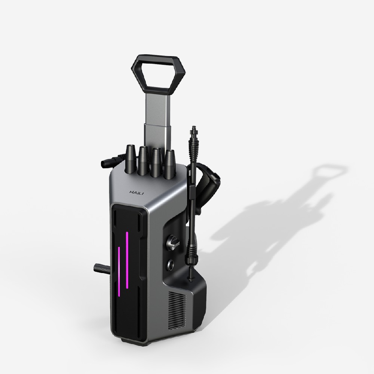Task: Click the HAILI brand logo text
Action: click(137, 193)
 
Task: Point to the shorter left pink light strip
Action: click(119, 272)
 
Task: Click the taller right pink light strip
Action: click(127, 260)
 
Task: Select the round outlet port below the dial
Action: click(171, 264)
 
